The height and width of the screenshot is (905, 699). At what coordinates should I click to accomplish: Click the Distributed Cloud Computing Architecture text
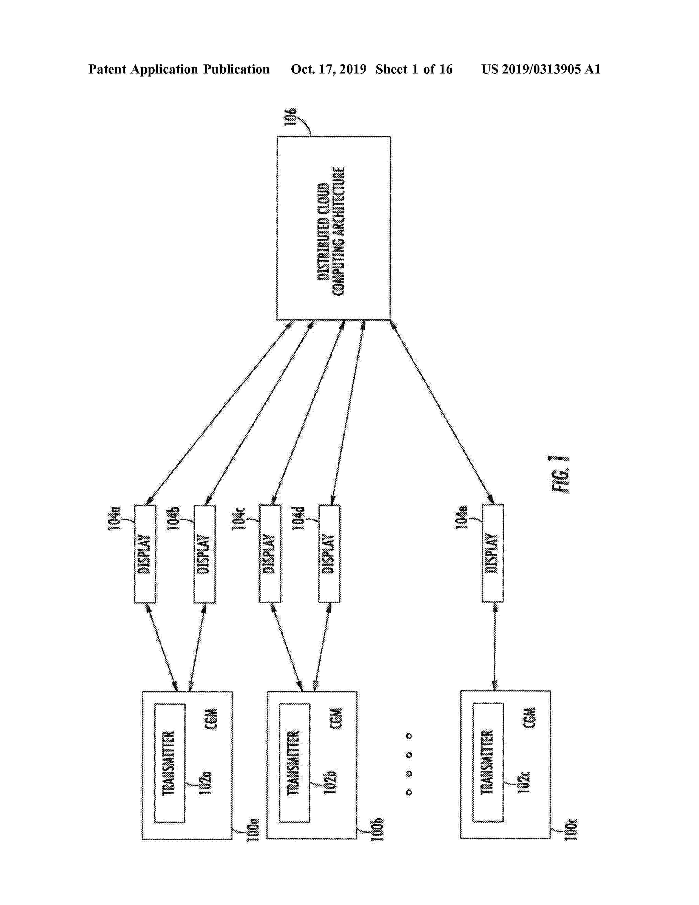pyautogui.click(x=331, y=231)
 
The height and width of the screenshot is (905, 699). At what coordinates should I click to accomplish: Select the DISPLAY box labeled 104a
pyautogui.click(x=144, y=554)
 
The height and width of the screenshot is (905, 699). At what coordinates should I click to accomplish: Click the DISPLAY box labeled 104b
pyautogui.click(x=204, y=554)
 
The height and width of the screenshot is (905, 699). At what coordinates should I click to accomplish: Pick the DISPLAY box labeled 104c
pyautogui.click(x=269, y=554)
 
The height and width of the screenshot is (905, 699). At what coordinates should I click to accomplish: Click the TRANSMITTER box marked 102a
pyautogui.click(x=169, y=763)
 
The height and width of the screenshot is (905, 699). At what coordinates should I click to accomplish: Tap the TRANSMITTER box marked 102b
pyautogui.click(x=294, y=763)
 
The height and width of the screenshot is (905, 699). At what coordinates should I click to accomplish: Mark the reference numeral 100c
pyautogui.click(x=571, y=829)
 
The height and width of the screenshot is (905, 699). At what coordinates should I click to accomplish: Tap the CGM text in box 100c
pyautogui.click(x=530, y=718)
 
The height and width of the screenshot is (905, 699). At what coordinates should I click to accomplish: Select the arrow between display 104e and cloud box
pyautogui.click(x=441, y=412)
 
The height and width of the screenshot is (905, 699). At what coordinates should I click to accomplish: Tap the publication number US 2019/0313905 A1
pyautogui.click(x=540, y=69)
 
